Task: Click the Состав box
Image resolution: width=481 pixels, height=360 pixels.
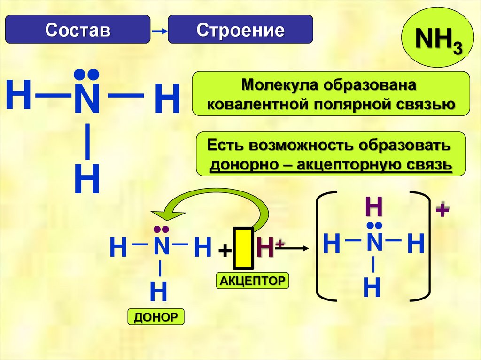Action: (x=78, y=30)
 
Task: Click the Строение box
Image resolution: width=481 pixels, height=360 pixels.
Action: (x=240, y=30)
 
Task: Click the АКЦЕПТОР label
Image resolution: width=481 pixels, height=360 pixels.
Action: (x=252, y=281)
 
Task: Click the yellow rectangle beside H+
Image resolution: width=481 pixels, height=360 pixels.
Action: (x=244, y=248)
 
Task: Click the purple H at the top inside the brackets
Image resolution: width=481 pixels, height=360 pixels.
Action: (x=373, y=207)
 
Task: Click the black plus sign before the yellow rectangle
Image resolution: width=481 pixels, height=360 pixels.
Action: (x=225, y=251)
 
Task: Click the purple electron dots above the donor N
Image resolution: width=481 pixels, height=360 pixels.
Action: (x=160, y=229)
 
